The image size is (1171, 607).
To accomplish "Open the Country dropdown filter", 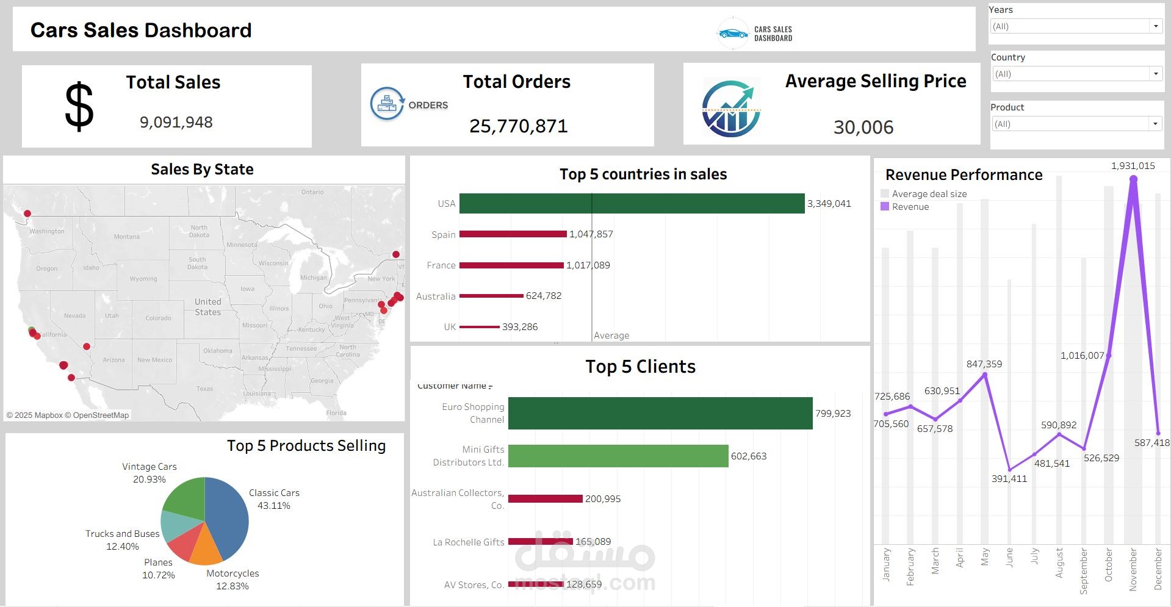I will [x=1076, y=74].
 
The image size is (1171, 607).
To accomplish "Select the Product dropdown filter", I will [x=1076, y=124].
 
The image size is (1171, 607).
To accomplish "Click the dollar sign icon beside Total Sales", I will [x=79, y=107].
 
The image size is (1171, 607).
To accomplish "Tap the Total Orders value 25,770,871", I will [x=518, y=126].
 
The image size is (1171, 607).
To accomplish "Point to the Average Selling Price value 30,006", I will [x=863, y=128].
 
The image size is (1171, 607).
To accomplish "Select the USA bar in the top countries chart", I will [x=632, y=204].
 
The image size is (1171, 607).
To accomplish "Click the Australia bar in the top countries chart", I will [x=491, y=296].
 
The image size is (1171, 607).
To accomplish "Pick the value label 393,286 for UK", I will [x=519, y=327].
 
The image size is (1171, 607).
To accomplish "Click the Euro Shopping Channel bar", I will [x=660, y=414].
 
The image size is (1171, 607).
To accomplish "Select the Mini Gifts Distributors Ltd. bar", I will [x=618, y=456].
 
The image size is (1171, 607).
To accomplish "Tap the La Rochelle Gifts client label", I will [x=468, y=542].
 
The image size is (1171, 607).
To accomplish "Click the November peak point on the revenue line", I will [x=1133, y=179].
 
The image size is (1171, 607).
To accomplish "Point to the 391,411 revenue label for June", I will [x=1009, y=479].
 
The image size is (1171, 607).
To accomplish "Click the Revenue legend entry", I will [x=910, y=207].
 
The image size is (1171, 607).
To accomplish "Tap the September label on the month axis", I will [x=1084, y=570].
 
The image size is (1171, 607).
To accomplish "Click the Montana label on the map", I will [x=126, y=237].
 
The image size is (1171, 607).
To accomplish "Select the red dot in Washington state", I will [x=27, y=214].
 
